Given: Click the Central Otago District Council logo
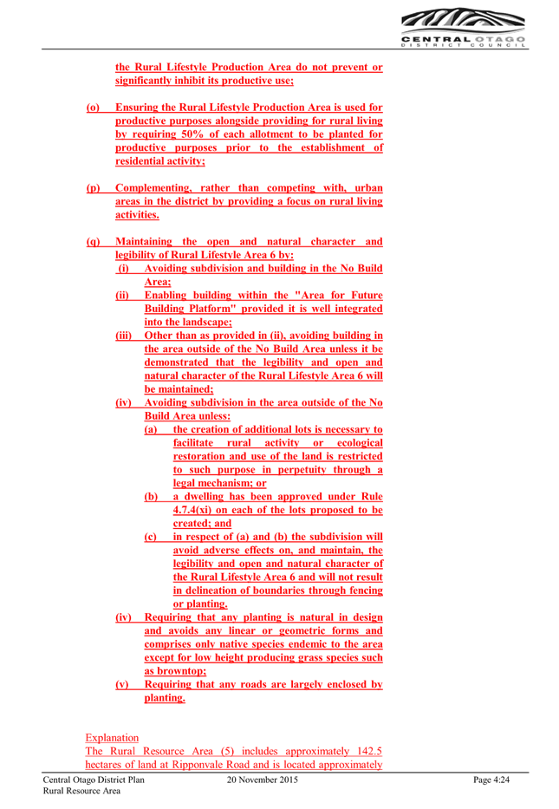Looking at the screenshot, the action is click(x=463, y=28).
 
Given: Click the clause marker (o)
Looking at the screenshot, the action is click(x=93, y=108).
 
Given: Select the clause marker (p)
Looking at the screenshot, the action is click(x=93, y=188).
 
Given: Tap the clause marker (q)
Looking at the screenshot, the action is click(x=93, y=241).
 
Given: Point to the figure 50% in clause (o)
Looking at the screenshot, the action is click(x=192, y=134).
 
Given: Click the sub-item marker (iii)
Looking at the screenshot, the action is click(x=123, y=336).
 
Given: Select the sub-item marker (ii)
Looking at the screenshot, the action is click(x=122, y=295).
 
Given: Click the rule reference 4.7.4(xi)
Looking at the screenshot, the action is click(x=192, y=510).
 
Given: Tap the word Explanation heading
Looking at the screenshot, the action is click(x=112, y=738).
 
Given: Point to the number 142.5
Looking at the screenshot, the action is click(x=368, y=751).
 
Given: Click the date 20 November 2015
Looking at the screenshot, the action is click(x=263, y=780).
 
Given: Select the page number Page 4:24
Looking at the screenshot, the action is click(x=491, y=780).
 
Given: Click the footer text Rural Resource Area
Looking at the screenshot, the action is click(x=81, y=791).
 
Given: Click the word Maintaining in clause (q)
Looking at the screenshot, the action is click(x=144, y=241).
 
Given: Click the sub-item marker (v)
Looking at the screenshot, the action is click(x=121, y=684).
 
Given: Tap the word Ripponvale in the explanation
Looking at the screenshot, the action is click(x=198, y=765).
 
